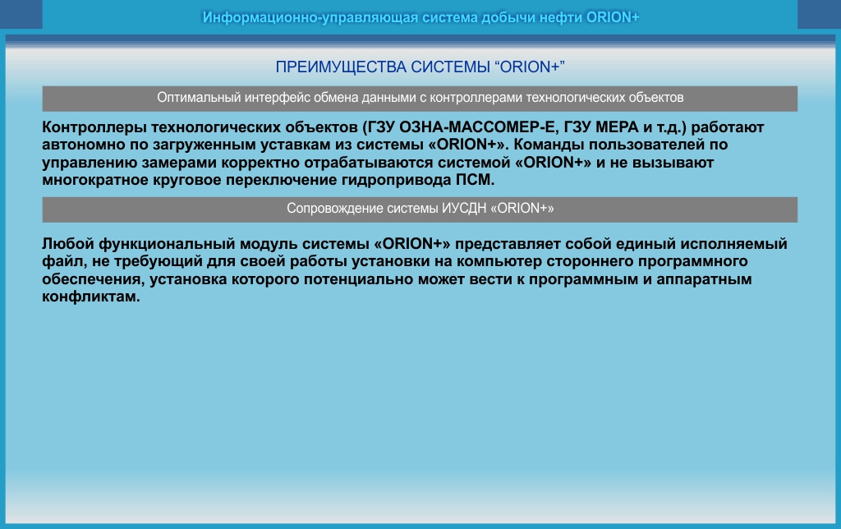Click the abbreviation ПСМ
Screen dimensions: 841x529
pos(476,180)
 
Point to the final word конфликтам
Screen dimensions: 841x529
pos(91,297)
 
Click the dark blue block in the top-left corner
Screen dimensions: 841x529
pos(21,15)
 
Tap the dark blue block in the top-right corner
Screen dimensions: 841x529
pos(819,15)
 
